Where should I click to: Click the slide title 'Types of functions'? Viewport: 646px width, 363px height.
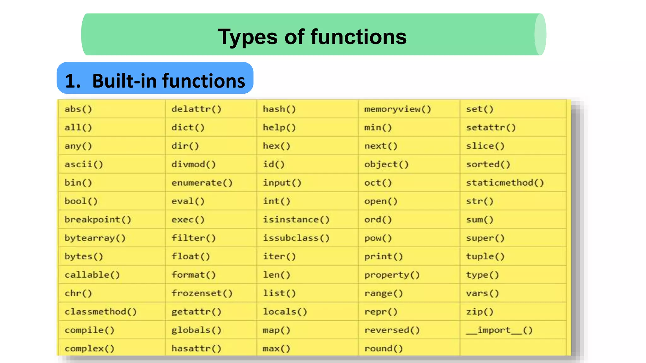(x=312, y=37)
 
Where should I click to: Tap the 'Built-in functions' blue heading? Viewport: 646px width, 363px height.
(x=155, y=81)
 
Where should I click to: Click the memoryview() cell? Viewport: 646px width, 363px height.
(x=397, y=109)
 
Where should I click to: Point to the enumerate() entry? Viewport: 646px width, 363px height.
(x=202, y=183)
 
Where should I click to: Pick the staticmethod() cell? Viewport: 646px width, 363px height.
(x=505, y=183)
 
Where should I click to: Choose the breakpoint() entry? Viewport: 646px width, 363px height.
(x=98, y=220)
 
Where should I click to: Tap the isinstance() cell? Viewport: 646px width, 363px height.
(x=296, y=220)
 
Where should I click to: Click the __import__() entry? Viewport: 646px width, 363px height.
(x=499, y=330)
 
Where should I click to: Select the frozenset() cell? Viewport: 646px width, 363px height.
(x=202, y=293)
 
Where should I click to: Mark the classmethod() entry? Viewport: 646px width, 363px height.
(x=101, y=312)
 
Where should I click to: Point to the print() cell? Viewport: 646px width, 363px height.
(x=384, y=256)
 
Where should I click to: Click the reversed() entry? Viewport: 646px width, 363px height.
(x=392, y=330)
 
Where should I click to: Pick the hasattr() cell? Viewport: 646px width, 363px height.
(x=196, y=349)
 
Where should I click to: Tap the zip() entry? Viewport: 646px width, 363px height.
(x=479, y=312)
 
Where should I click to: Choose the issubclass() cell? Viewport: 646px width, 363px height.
(x=296, y=238)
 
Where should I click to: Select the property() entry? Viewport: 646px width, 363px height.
(x=392, y=275)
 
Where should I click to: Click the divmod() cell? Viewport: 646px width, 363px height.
(x=193, y=164)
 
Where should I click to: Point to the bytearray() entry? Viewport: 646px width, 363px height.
(x=95, y=238)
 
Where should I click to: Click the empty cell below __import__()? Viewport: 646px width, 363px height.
(x=513, y=348)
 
